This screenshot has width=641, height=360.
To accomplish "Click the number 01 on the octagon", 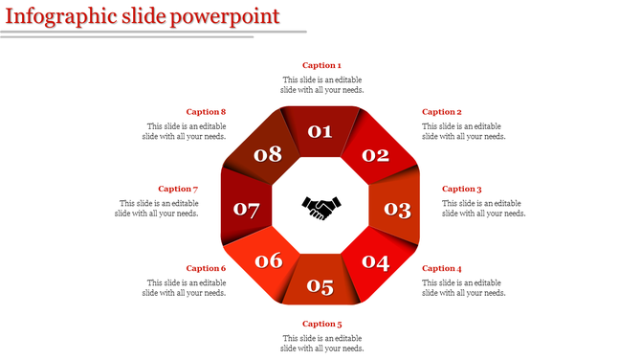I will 320,132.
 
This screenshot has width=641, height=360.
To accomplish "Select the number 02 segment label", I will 375,155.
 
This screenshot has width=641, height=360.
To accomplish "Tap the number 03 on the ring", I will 397,209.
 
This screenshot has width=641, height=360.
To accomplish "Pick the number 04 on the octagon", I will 375,262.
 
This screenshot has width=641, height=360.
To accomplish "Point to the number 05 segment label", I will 320,285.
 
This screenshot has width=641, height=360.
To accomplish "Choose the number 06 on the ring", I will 269,260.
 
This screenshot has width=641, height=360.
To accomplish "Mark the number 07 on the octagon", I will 246,209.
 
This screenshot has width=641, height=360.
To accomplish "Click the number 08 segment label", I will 269,154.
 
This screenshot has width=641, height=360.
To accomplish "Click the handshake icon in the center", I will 321,207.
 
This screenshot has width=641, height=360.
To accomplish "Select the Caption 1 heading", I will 321,65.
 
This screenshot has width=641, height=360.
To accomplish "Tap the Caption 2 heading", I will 442,112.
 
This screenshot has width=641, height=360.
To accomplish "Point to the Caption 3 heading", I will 462,189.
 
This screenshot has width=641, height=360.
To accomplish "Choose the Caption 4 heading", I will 442,268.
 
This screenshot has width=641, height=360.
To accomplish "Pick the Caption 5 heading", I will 321,324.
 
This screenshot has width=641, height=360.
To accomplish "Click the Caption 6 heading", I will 206,268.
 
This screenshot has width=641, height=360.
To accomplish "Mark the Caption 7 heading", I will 177,189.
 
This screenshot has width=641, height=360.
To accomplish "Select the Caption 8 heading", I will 206,112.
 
